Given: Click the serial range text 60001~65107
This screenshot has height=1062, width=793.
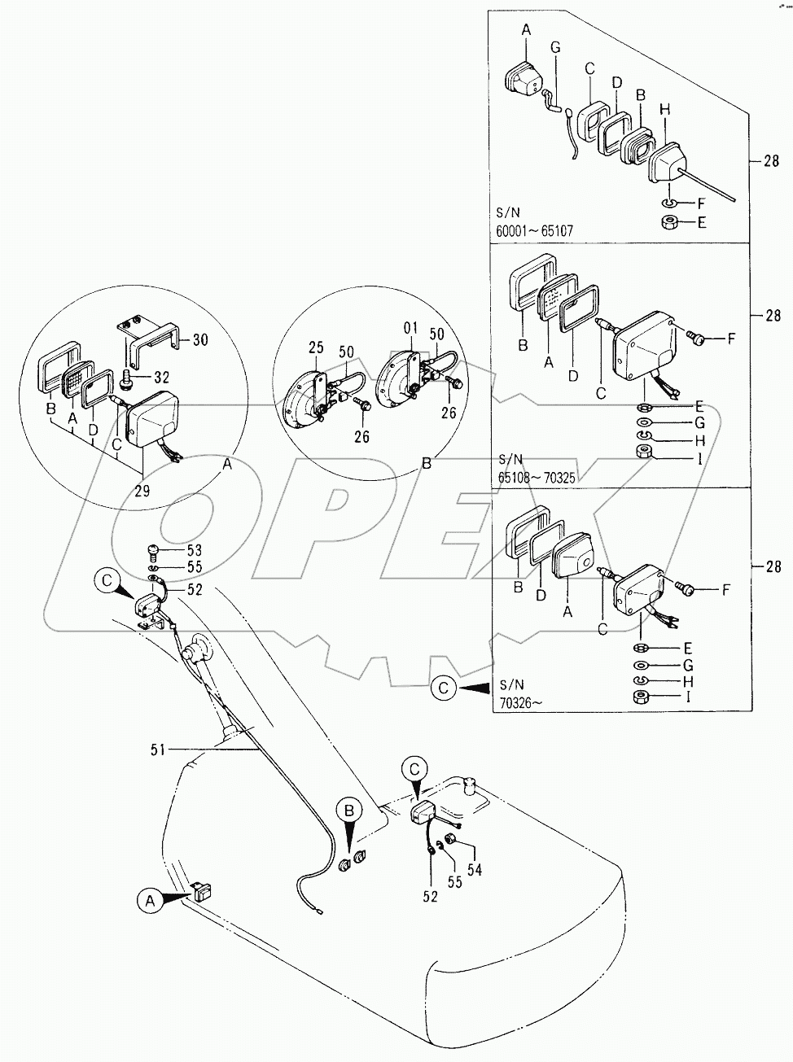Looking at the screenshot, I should coord(534,231).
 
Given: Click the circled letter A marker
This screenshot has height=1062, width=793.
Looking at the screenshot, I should coord(147,899).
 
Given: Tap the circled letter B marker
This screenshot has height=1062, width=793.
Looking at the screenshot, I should coord(349,811).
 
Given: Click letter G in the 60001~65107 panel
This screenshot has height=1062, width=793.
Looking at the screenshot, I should coord(556,47).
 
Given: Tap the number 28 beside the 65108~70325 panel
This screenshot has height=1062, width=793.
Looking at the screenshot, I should coord(771,316).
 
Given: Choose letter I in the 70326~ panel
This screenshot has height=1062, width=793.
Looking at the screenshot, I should coord(689,697).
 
